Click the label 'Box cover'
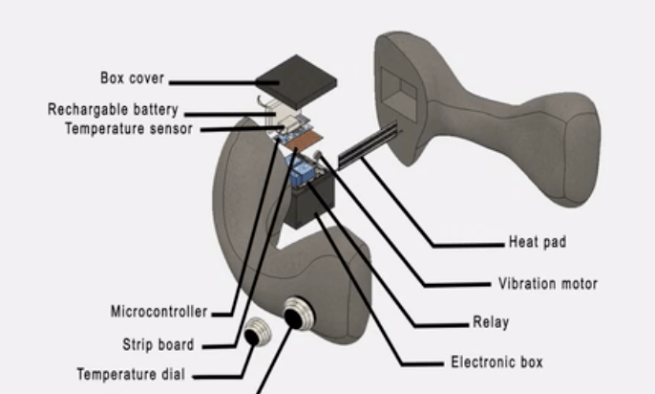point(132,77)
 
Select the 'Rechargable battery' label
point(113,110)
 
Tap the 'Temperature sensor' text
point(128,127)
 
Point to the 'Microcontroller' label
point(158,311)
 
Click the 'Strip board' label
point(158,344)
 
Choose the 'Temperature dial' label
point(132,375)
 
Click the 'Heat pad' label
point(537,243)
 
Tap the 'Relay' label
point(491,322)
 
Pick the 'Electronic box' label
point(497,362)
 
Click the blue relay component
point(304,173)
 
